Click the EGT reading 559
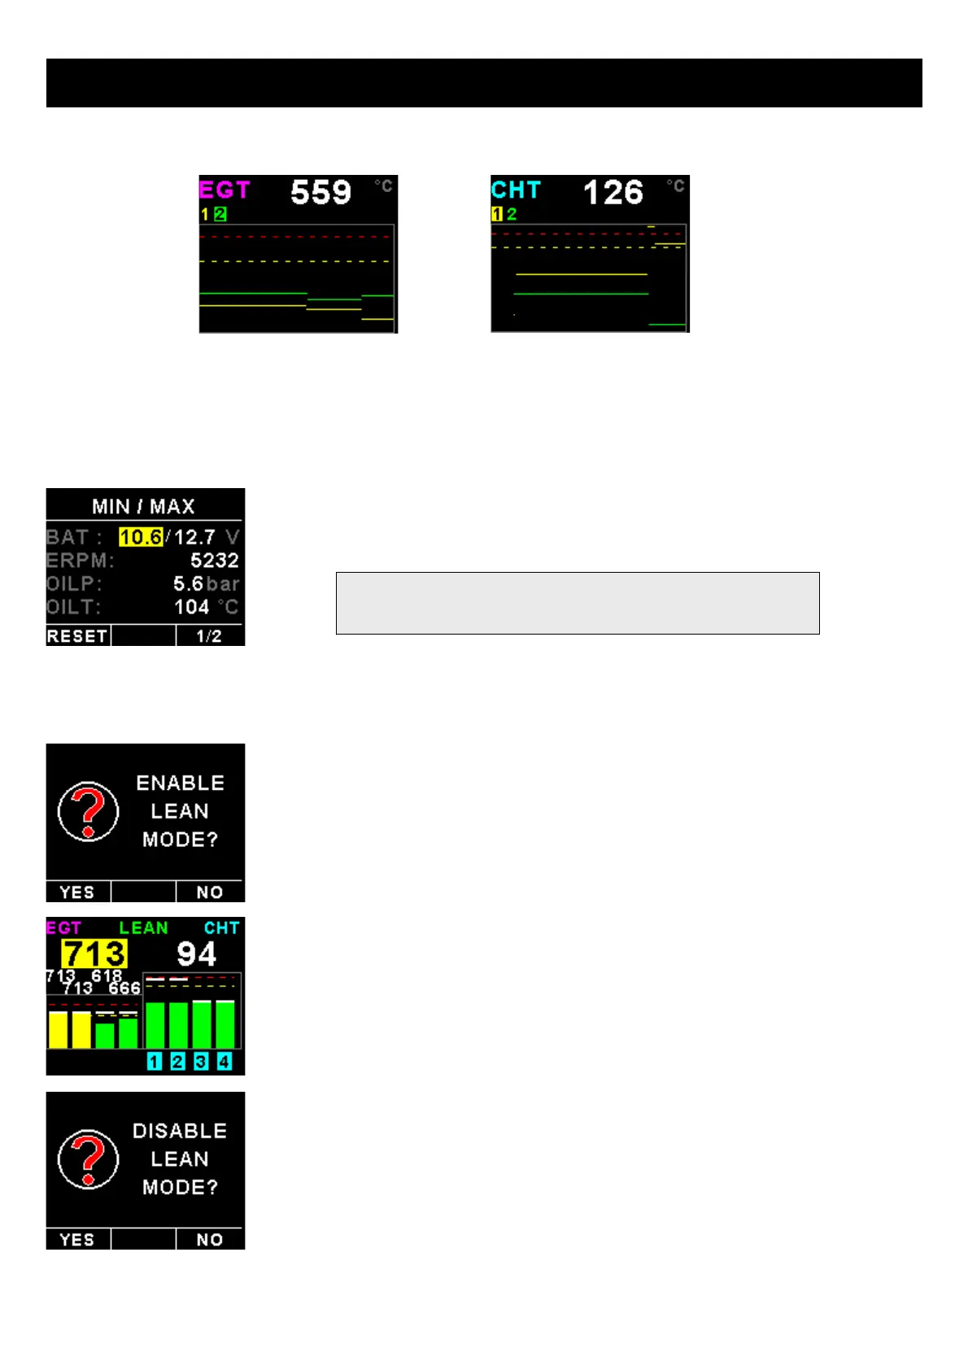click(x=320, y=193)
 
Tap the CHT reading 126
click(x=613, y=193)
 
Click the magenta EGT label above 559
click(x=225, y=190)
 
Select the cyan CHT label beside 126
click(x=516, y=190)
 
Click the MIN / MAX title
click(x=143, y=506)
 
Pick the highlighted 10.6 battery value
click(x=141, y=537)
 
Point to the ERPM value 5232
click(x=214, y=561)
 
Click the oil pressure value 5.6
click(x=188, y=583)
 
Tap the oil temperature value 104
click(x=192, y=607)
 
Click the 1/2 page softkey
click(x=209, y=636)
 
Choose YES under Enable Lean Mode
click(x=77, y=892)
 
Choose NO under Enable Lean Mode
click(x=210, y=892)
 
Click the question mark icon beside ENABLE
click(x=88, y=811)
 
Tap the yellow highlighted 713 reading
click(x=94, y=953)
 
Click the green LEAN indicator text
click(x=143, y=927)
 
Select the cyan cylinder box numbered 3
click(x=201, y=1061)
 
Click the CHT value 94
click(x=196, y=953)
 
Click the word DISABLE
click(x=180, y=1131)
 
